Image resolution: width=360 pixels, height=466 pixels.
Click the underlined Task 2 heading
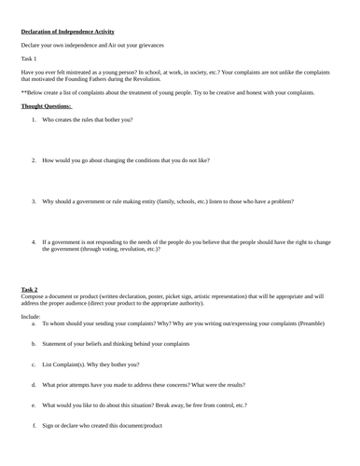pos(30,289)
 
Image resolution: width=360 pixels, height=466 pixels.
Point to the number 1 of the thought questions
pos(34,119)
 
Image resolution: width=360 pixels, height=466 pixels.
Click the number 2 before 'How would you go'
pos(34,160)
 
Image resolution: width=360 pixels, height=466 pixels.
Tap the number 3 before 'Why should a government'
pos(34,200)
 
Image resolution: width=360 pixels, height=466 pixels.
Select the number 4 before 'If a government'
pos(34,241)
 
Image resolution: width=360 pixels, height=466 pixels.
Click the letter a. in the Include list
pos(34,323)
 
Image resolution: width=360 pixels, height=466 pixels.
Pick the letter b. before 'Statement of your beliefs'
pos(34,344)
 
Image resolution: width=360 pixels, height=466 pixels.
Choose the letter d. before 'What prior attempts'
pos(34,385)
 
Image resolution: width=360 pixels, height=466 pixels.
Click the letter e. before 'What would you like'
pos(34,405)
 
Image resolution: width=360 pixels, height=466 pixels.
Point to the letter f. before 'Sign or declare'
pos(34,426)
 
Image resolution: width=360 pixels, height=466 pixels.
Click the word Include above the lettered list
pos(32,316)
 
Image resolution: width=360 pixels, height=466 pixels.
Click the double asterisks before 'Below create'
pos(23,93)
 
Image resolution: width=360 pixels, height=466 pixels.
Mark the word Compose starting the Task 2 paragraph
pos(34,296)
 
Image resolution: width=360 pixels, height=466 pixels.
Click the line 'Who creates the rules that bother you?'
pos(87,119)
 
